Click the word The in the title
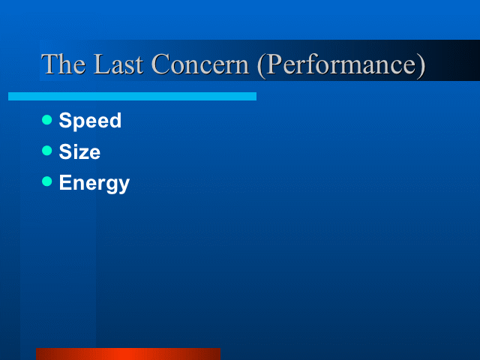[x=63, y=64]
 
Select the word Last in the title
[x=118, y=64]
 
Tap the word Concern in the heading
[x=200, y=64]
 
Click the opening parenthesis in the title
[x=261, y=65]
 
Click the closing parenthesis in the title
[x=421, y=65]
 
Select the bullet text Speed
[x=90, y=120]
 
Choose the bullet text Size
[x=79, y=151]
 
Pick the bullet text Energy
[x=94, y=183]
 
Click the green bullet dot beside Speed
[x=46, y=120]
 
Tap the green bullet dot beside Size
[x=46, y=151]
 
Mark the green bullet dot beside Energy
[x=46, y=181]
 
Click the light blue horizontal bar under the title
[x=132, y=97]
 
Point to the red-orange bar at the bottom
[x=128, y=354]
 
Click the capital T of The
[x=49, y=64]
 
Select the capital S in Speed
[x=65, y=120]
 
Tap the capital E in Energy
[x=65, y=182]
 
